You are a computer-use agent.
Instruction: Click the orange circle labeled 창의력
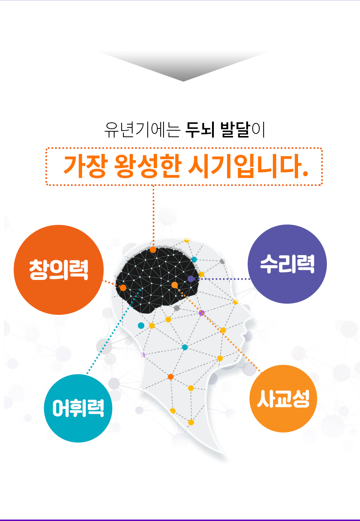tap(59, 270)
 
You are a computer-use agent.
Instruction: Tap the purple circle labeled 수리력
tap(287, 264)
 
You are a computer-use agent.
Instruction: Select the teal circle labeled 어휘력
tap(78, 408)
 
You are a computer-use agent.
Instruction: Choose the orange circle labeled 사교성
tap(283, 399)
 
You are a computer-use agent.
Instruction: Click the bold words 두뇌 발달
tap(218, 130)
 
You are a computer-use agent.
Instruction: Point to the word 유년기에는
tap(143, 130)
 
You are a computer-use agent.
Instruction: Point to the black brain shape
tap(157, 279)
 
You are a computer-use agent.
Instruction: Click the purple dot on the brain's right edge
tap(191, 278)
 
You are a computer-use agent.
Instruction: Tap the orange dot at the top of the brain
tap(153, 250)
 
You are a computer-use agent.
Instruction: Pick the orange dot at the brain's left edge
tap(123, 288)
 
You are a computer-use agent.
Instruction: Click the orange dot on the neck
tap(171, 377)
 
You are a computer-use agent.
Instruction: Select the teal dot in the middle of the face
tap(185, 347)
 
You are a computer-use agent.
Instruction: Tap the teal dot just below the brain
tap(141, 326)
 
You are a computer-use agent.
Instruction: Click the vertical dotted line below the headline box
tap(153, 216)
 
